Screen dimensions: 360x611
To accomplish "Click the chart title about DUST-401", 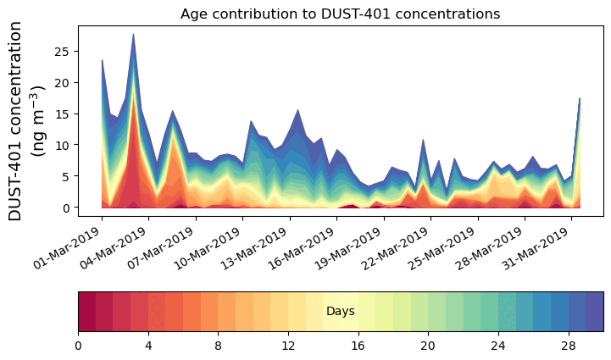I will pyautogui.click(x=340, y=14).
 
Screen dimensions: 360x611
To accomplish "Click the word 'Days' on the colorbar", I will pyautogui.click(x=340, y=312).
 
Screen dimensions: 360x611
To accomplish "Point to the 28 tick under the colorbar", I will pyautogui.click(x=569, y=346).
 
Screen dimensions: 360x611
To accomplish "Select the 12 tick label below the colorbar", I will pyautogui.click(x=288, y=346).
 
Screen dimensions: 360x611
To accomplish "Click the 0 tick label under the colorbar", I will pyautogui.click(x=78, y=346).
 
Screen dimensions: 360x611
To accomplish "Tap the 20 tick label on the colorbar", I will pyautogui.click(x=428, y=346).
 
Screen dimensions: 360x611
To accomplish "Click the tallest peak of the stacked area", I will pyautogui.click(x=133, y=36).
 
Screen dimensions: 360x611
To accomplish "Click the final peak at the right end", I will pyautogui.click(x=579, y=99).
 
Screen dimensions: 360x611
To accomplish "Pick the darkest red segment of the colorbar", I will pyautogui.click(x=86, y=312).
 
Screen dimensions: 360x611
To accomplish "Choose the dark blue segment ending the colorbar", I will pyautogui.click(x=594, y=312).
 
